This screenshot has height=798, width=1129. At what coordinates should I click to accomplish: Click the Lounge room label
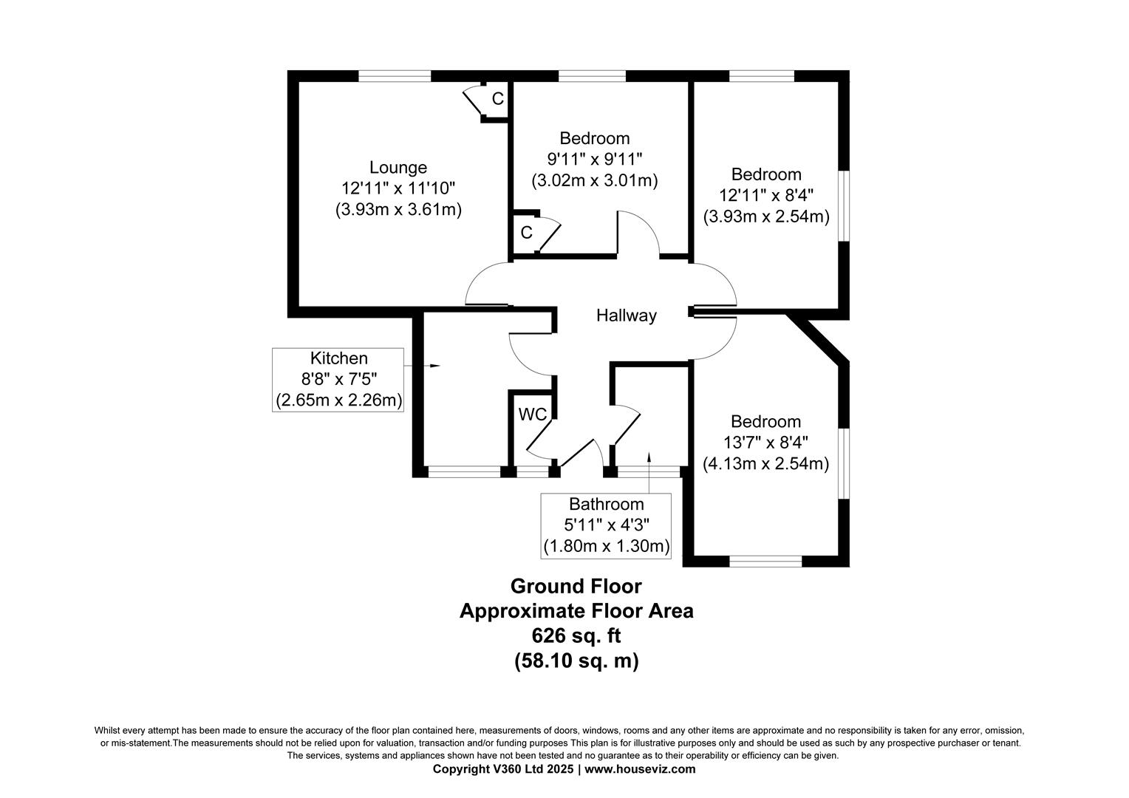coord(398,168)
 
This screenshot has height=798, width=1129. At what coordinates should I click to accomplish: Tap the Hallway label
coord(627,316)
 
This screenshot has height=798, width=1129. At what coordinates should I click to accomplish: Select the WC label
coord(532,415)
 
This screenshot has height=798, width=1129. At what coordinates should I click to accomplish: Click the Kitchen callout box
coord(339,379)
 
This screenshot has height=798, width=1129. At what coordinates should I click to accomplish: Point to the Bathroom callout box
coord(606,525)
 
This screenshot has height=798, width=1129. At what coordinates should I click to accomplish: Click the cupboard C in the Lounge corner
coord(497,98)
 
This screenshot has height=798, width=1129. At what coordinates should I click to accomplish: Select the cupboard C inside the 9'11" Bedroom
coord(526,233)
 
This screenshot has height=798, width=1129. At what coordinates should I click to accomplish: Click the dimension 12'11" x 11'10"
coord(398,188)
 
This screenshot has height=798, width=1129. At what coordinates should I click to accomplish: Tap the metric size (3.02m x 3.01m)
coord(595,180)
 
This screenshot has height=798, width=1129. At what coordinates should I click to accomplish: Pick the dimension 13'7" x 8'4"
coord(765,443)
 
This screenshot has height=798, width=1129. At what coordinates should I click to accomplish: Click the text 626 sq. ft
coord(576,635)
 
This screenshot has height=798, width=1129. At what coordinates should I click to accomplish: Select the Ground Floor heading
coord(576,586)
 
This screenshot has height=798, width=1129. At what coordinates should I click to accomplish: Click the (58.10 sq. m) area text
coord(576,661)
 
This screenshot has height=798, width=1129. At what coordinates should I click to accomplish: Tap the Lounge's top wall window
coord(395,75)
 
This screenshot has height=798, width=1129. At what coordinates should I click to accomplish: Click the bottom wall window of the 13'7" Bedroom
coord(765,562)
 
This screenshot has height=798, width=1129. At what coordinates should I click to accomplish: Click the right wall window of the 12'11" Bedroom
coord(844,205)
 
